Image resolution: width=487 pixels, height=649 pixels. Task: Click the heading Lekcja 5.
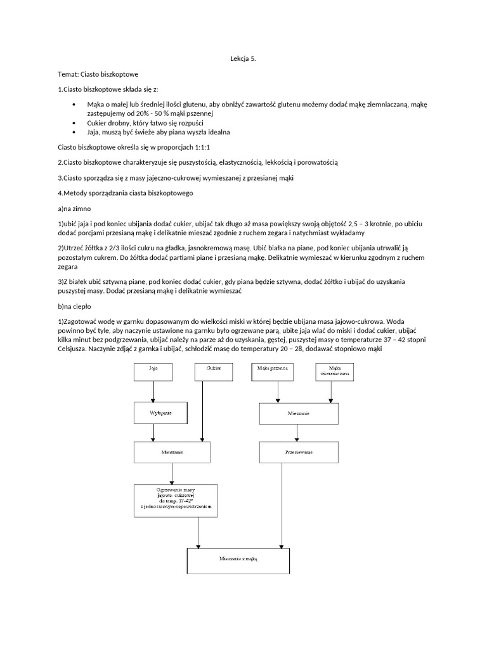(243, 58)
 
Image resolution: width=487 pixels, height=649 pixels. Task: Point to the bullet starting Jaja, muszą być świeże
(158, 132)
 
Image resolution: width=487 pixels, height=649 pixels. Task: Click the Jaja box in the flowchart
(152, 371)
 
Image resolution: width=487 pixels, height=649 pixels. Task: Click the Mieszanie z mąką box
(238, 560)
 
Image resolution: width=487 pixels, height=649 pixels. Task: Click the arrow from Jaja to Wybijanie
(153, 392)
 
